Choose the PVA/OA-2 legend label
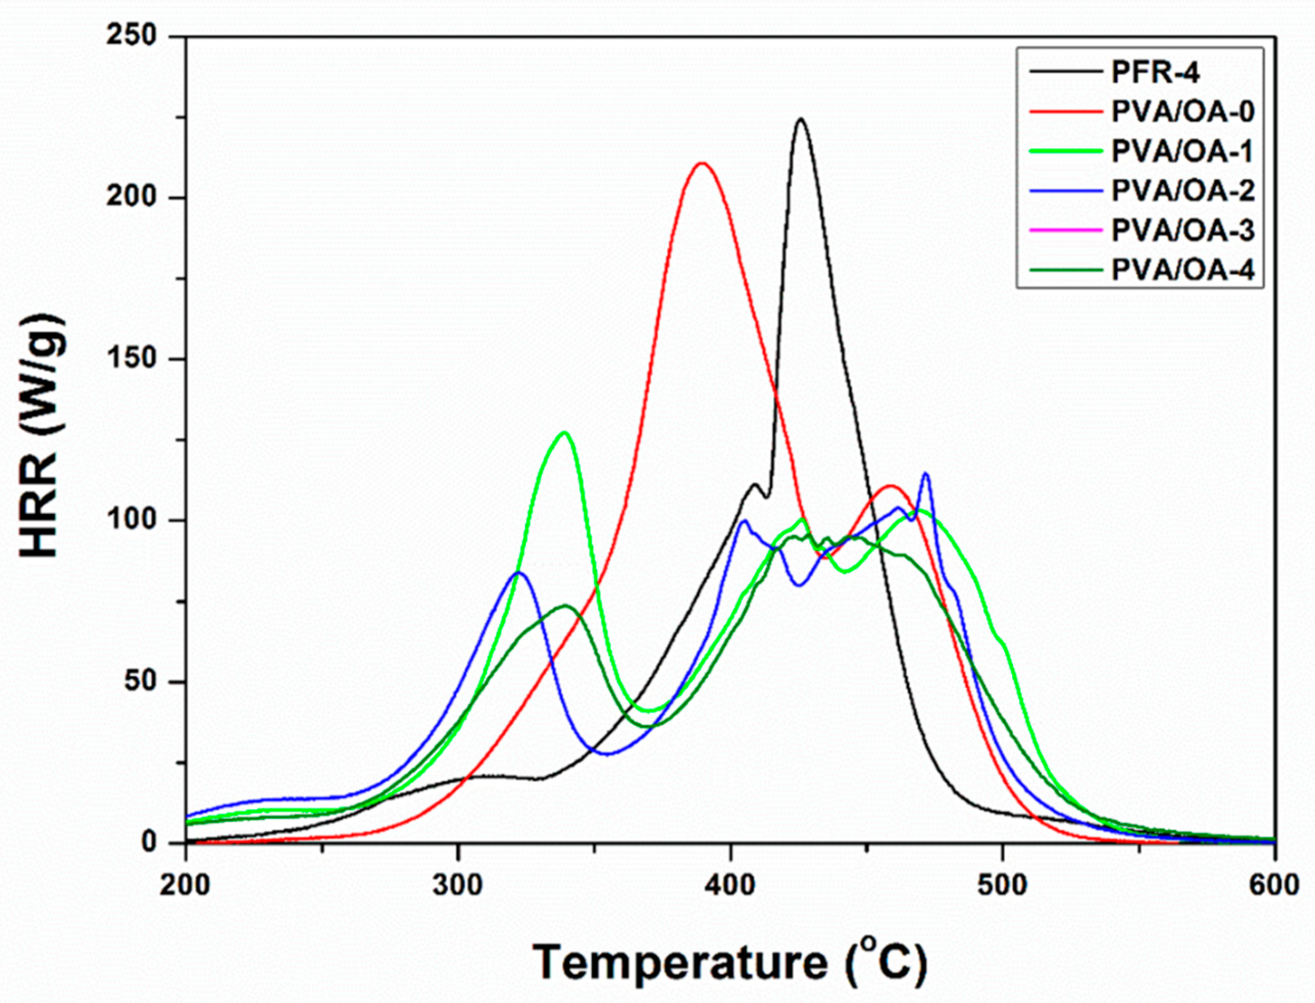1183,191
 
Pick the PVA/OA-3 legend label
1183,231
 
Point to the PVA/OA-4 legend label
1183,271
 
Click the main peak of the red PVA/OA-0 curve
702,163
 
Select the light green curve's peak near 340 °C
564,432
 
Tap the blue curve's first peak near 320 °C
518,573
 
